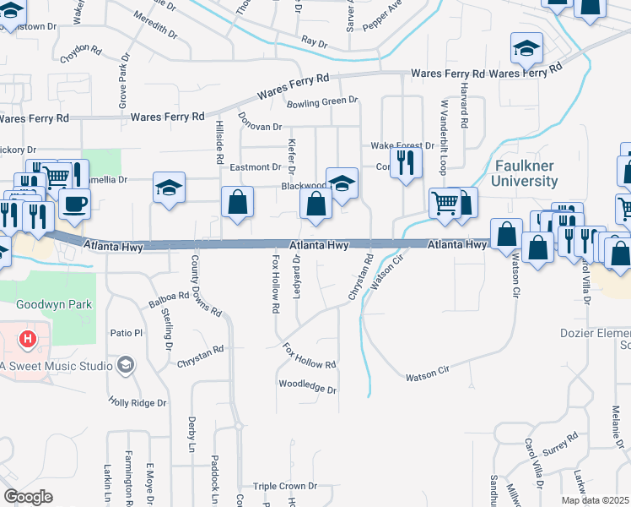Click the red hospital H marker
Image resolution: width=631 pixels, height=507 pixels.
coord(29,340)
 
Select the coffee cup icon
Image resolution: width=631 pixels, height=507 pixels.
coord(74,204)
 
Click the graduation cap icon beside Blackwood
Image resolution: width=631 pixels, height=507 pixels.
coord(342,183)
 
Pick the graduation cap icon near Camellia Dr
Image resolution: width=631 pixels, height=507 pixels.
coord(169,188)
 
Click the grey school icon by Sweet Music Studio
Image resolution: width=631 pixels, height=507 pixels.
coord(126,365)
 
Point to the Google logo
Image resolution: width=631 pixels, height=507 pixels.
coord(29,497)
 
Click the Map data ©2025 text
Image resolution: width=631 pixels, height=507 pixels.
coord(595,500)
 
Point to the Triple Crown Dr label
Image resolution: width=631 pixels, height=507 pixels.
coord(285,486)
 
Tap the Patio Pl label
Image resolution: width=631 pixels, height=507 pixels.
coord(127,334)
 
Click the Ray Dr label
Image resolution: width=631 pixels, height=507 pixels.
coord(314,41)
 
